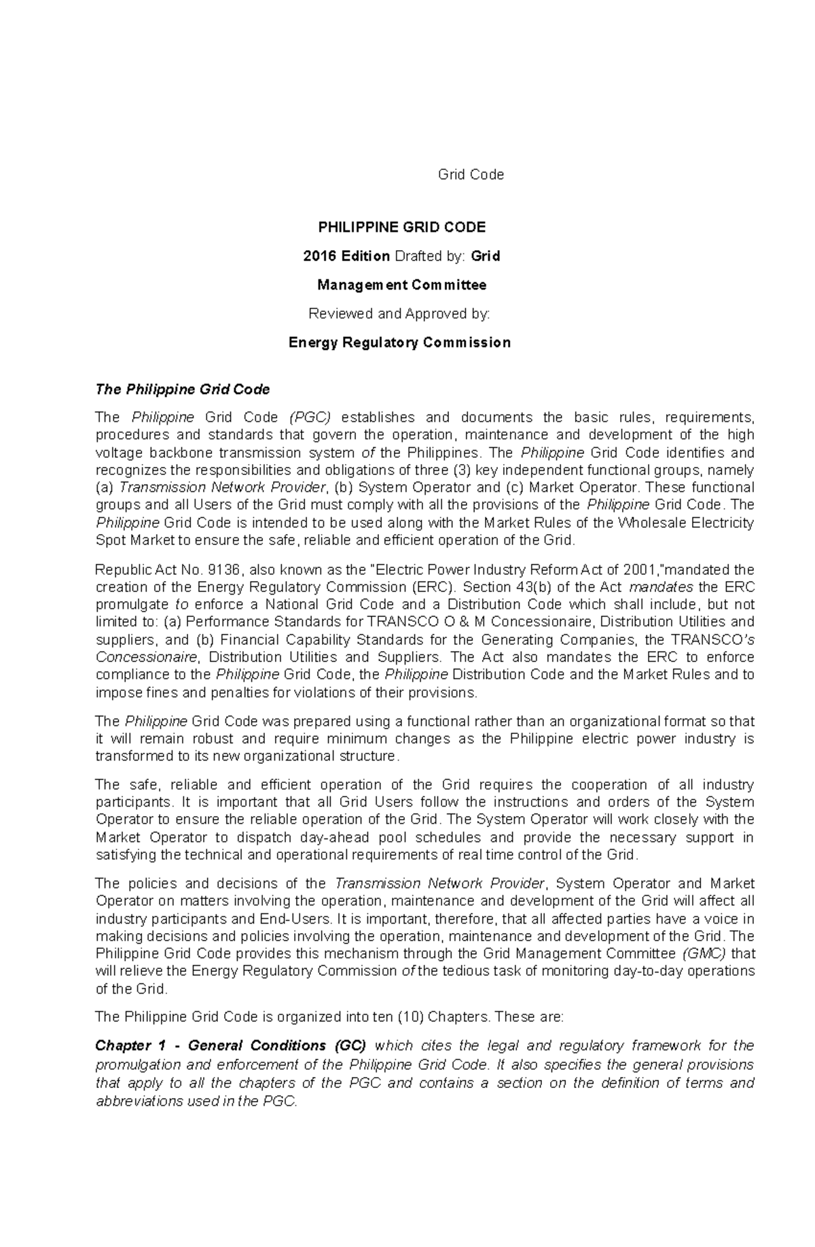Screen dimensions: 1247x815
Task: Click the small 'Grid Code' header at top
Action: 471,175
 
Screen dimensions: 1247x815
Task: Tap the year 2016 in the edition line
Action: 320,256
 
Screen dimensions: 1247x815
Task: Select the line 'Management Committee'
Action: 402,285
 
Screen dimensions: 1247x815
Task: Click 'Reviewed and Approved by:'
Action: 399,314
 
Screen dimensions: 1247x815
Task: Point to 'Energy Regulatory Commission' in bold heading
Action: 399,343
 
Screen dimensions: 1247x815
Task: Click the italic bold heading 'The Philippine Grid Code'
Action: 183,389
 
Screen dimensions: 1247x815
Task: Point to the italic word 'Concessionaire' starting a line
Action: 147,657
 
